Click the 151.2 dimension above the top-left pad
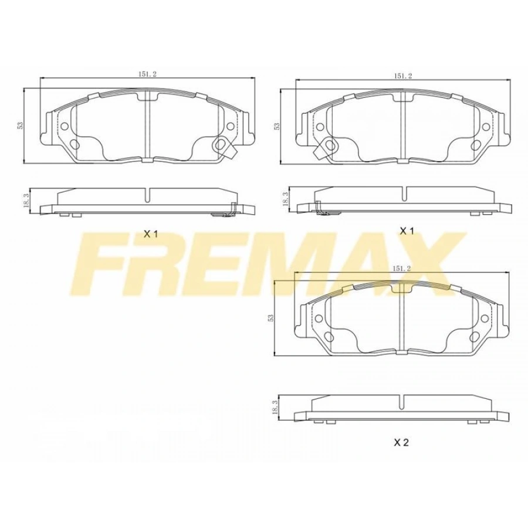[147, 74]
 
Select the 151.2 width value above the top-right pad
[403, 76]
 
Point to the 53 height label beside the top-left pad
[20, 125]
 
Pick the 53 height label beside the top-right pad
[276, 126]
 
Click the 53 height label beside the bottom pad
[270, 317]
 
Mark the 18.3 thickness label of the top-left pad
[26, 200]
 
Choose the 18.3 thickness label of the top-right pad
[285, 199]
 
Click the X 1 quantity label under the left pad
[151, 234]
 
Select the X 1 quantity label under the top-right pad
[407, 231]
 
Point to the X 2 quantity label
[401, 443]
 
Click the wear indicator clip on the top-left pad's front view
[224, 145]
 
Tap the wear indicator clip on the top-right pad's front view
[327, 147]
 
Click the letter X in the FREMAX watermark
[421, 263]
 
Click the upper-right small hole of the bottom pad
[484, 319]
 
